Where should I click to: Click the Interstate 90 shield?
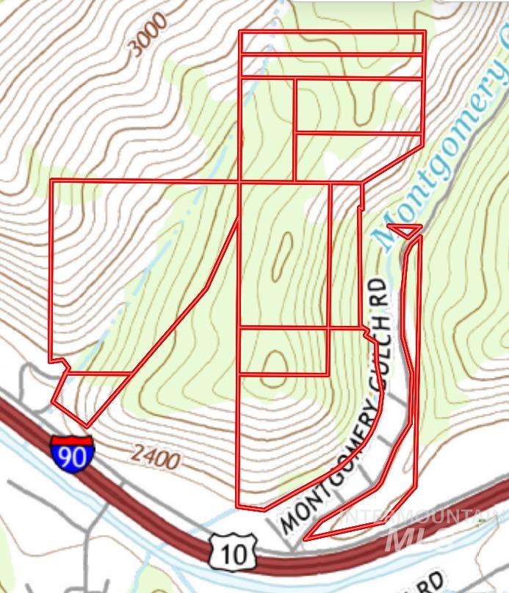(72, 453)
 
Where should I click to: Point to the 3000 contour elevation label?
(146, 35)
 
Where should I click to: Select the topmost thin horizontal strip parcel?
(332, 43)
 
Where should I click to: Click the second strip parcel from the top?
(332, 65)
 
